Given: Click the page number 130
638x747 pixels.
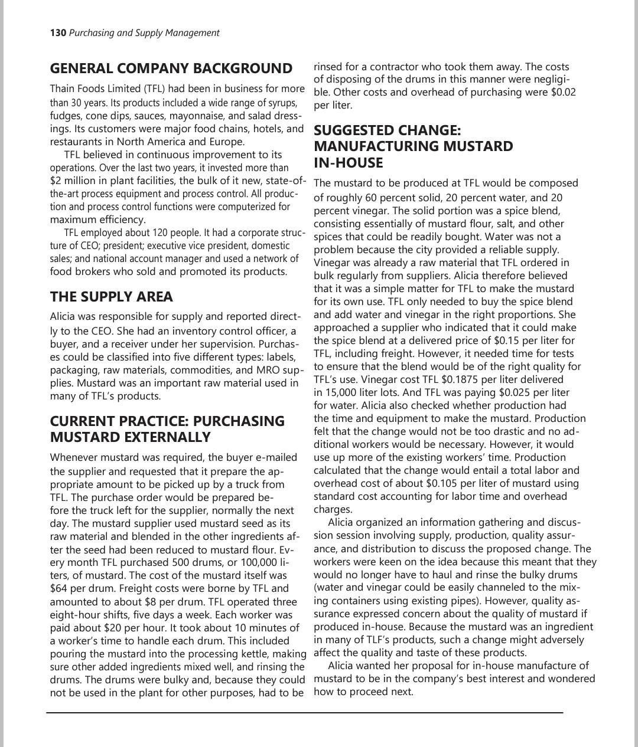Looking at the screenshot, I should pyautogui.click(x=58, y=33).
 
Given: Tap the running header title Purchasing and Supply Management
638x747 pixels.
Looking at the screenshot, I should pyautogui.click(x=144, y=33).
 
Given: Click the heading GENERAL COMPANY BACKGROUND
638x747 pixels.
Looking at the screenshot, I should pyautogui.click(x=171, y=68).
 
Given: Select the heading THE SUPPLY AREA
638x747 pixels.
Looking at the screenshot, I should pyautogui.click(x=111, y=296).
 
